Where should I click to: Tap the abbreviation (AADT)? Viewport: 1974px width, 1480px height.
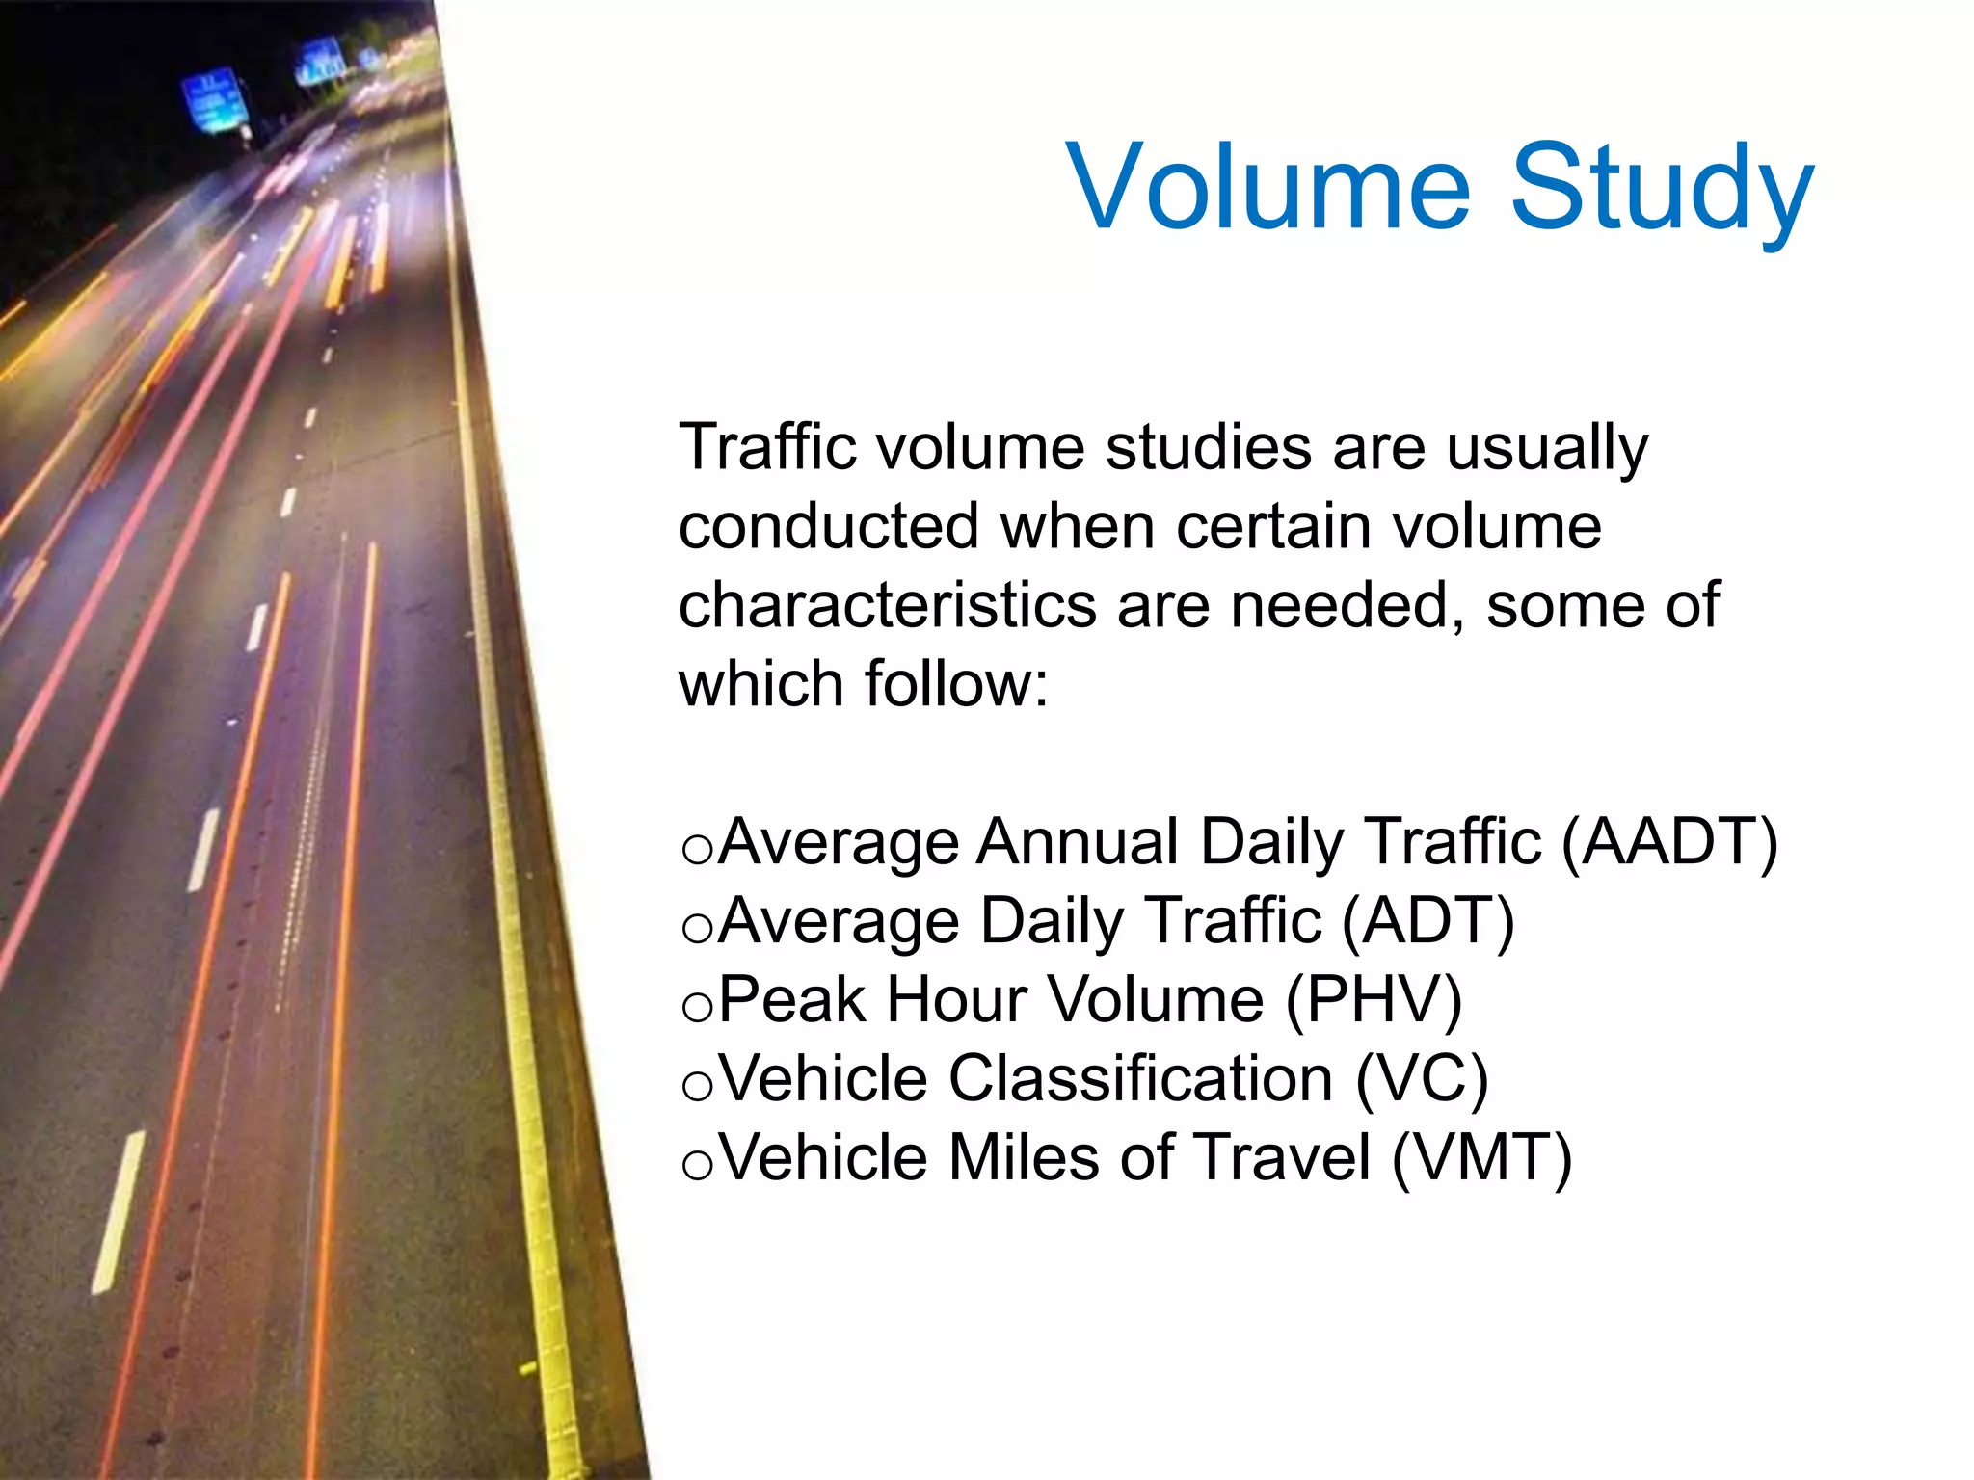(x=1669, y=842)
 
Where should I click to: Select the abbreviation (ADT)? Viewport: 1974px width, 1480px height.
(x=1428, y=921)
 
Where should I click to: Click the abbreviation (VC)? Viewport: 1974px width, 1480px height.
(x=1423, y=1079)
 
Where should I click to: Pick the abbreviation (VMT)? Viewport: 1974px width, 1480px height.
(x=1482, y=1158)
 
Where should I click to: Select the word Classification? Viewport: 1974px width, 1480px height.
(x=1141, y=1079)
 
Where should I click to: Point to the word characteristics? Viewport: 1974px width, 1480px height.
(x=887, y=607)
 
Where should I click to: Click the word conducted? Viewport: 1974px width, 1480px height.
(x=829, y=528)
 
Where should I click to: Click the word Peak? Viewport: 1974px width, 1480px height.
(x=792, y=1000)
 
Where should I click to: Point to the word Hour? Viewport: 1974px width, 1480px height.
(x=956, y=1000)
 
